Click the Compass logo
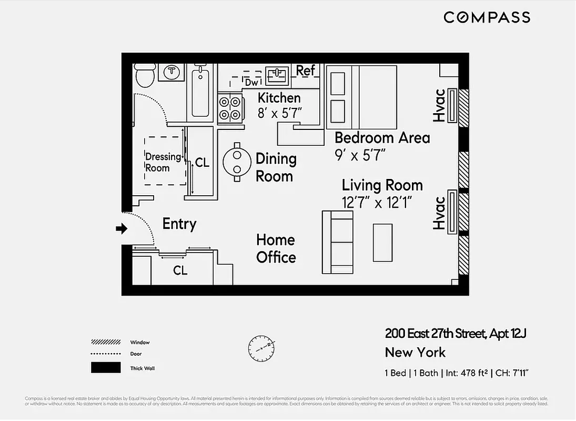click(487, 17)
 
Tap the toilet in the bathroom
click(144, 76)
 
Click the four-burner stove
click(230, 108)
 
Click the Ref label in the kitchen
click(306, 70)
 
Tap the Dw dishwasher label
click(252, 83)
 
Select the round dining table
click(237, 162)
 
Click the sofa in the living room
click(338, 242)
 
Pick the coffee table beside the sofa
click(382, 242)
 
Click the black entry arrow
click(122, 228)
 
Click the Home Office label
click(276, 248)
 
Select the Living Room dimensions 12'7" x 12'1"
click(377, 203)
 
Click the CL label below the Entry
click(180, 270)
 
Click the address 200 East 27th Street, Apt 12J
click(456, 333)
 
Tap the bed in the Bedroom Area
click(361, 97)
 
